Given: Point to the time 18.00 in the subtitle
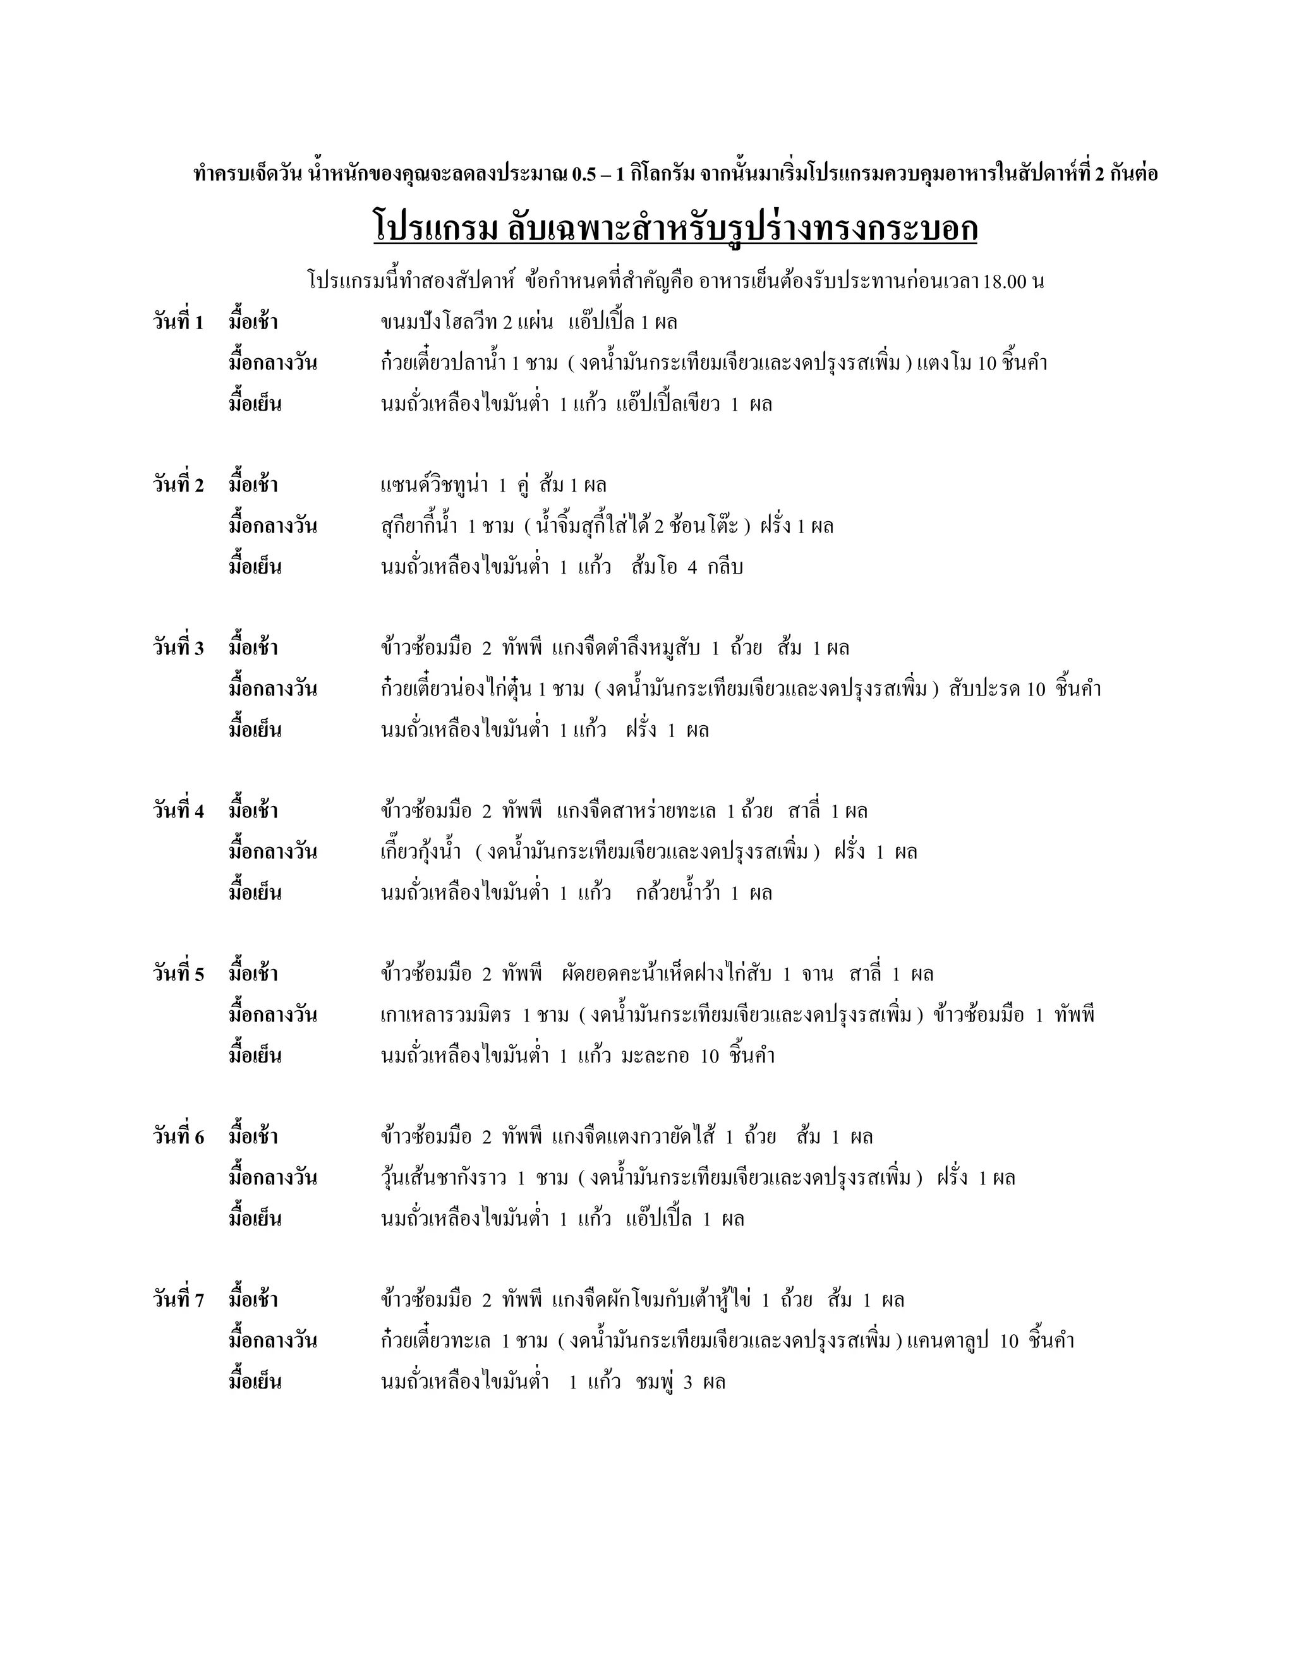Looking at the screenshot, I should coord(1006,281).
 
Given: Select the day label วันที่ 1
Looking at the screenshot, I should coord(178,322).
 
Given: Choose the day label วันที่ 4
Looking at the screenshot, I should coord(178,811).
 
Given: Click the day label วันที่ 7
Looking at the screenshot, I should coord(178,1300).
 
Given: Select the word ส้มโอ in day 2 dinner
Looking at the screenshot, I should coord(654,567).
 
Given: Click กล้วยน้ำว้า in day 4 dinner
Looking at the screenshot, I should coord(678,893).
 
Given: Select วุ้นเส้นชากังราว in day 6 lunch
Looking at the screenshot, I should coord(443,1178).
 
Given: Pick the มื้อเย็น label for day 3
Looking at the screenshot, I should coord(255,730).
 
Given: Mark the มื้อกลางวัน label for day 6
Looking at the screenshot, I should coord(272,1178).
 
